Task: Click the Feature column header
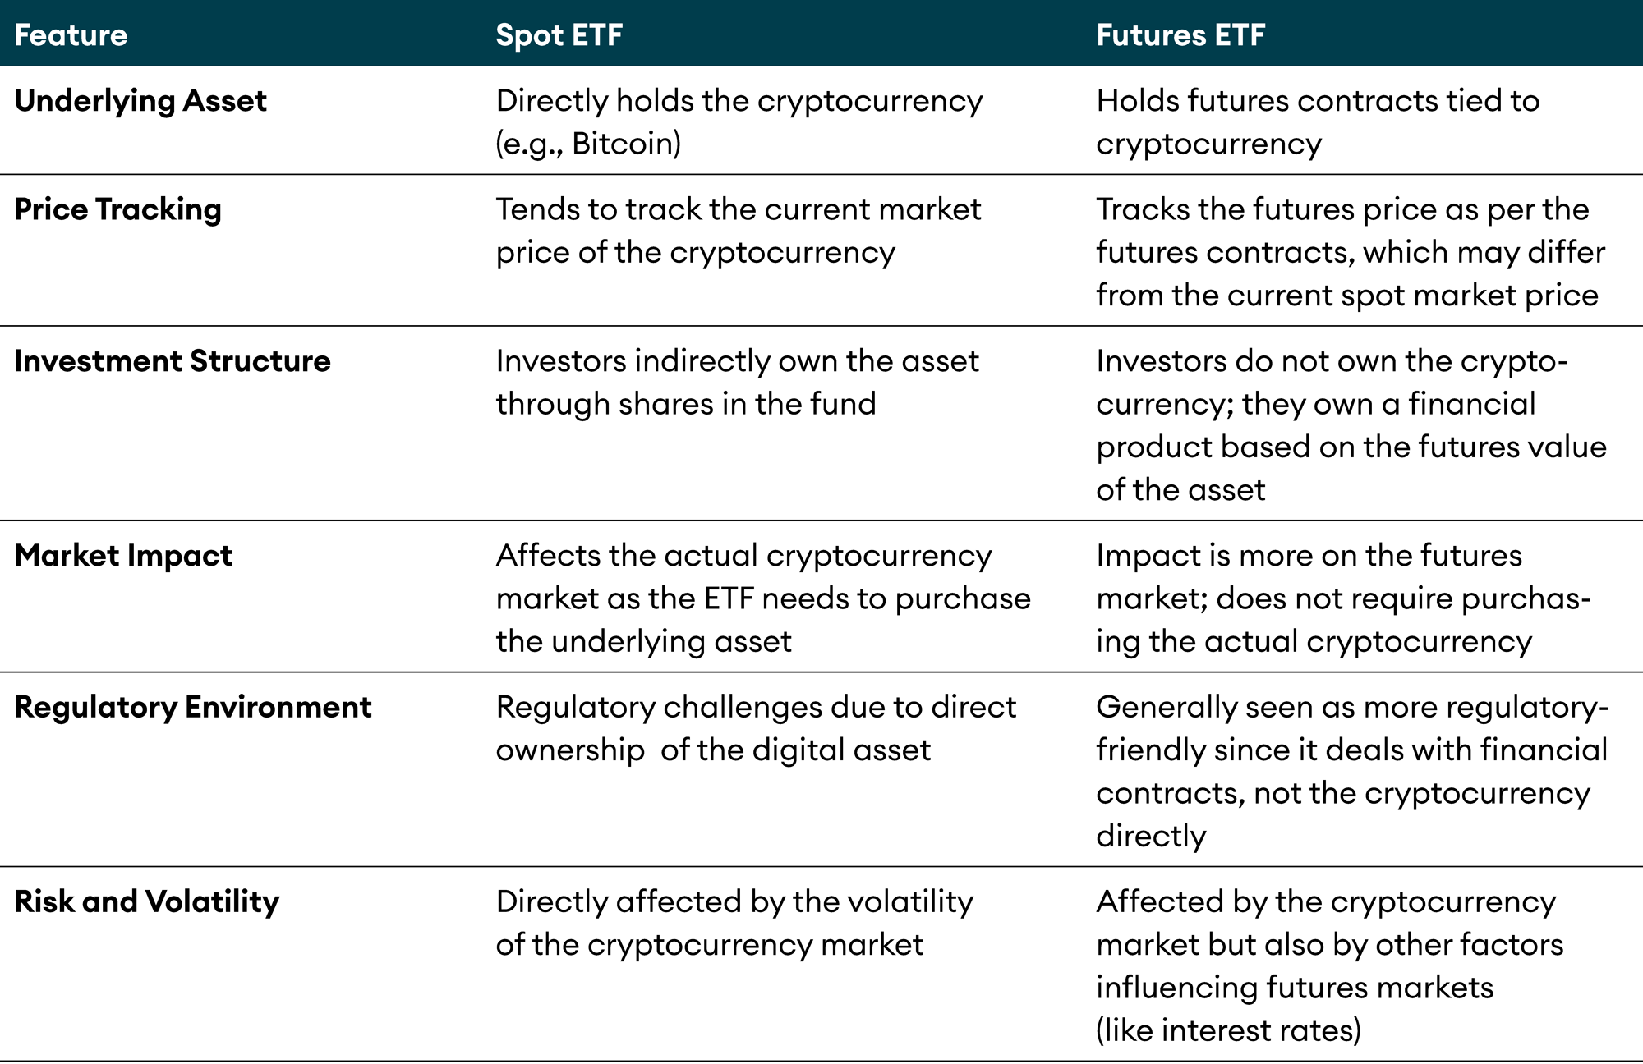[71, 35]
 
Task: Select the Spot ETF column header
[559, 35]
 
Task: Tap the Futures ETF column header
[1180, 35]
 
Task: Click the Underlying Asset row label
[140, 101]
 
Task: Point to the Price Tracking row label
[118, 209]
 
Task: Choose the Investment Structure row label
[173, 361]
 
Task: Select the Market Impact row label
[123, 556]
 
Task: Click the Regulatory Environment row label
[193, 707]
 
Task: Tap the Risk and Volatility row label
[147, 901]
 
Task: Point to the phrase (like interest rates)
[1228, 1030]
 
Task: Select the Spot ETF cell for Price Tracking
[738, 231]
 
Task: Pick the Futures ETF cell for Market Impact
[1343, 598]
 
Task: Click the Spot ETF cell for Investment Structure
[737, 383]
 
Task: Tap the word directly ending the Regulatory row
[1151, 836]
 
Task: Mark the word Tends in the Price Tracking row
[536, 209]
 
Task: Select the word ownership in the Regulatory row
[570, 750]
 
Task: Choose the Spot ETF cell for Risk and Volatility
[734, 923]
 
